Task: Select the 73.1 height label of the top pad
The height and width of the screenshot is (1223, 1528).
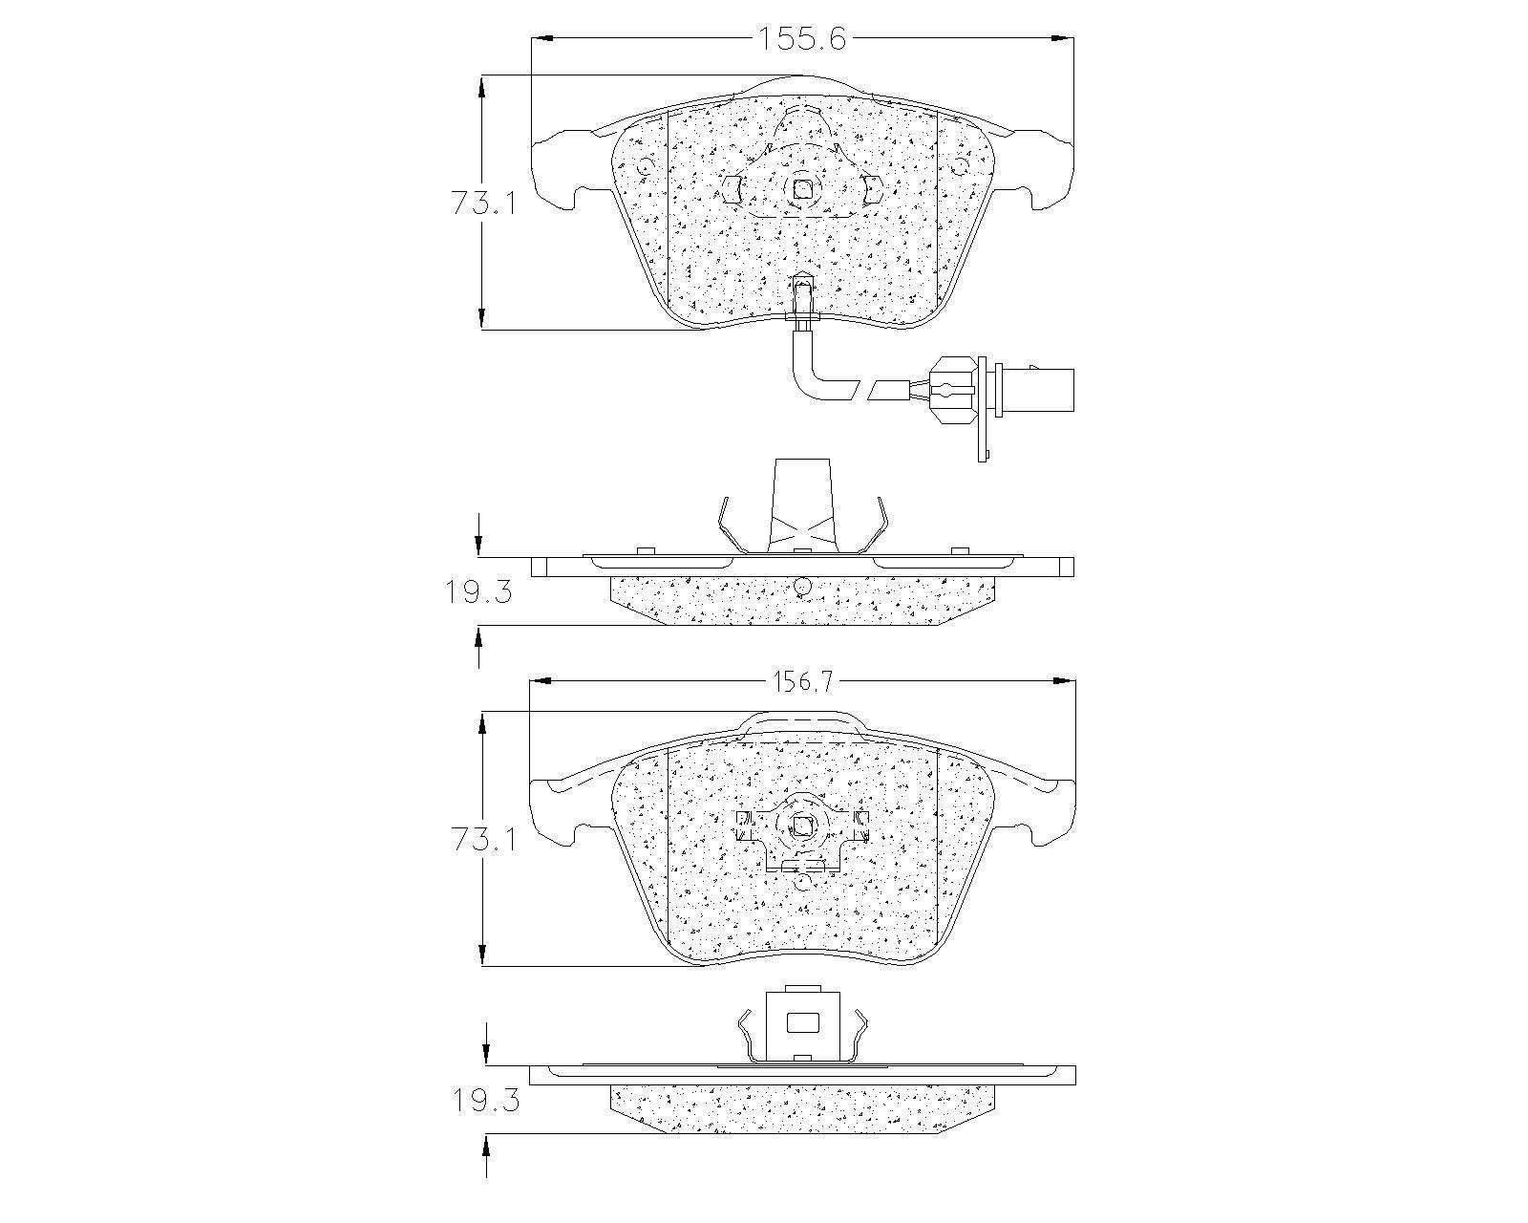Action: pos(482,203)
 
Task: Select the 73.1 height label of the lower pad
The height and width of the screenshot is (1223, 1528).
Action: pos(482,840)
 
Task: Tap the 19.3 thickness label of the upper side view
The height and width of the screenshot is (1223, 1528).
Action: pos(477,593)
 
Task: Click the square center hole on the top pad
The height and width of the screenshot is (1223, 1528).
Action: pos(802,189)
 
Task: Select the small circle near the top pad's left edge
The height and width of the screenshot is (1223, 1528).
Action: pos(646,168)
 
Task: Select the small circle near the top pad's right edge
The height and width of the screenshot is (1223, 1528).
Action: pos(962,168)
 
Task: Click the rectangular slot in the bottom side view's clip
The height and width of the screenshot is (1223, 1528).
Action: pos(802,1023)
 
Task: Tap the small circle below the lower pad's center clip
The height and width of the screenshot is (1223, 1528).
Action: pos(802,883)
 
